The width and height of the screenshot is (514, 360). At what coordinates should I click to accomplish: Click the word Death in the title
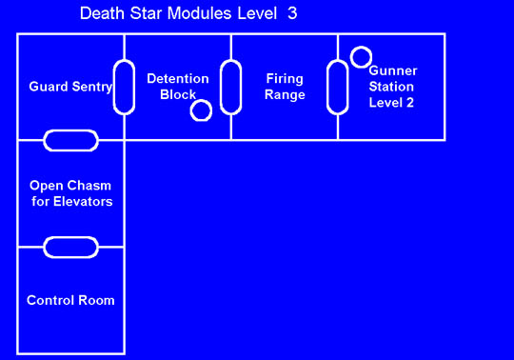click(100, 14)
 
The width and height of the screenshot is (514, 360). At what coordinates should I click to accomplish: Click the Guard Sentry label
click(70, 87)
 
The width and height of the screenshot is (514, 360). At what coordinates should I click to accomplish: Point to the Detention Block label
click(177, 87)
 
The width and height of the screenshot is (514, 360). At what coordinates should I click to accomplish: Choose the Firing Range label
click(285, 87)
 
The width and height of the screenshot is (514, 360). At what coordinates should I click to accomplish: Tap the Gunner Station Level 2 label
click(392, 87)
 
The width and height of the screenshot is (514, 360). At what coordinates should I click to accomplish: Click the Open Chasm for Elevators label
click(70, 193)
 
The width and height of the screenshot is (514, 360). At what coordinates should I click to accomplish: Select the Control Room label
click(70, 300)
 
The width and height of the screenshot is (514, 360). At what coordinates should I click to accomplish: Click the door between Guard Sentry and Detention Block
click(123, 87)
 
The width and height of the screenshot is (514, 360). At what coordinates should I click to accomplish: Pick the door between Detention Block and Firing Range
click(229, 87)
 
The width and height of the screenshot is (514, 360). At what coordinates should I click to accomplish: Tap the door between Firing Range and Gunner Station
click(337, 87)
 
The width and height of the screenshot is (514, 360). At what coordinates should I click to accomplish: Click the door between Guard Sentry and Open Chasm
click(70, 141)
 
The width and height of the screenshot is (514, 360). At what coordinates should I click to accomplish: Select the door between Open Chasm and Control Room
click(70, 248)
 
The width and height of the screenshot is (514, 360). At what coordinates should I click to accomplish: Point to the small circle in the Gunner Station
click(361, 57)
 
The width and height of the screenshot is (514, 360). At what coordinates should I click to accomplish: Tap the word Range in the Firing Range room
click(285, 95)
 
